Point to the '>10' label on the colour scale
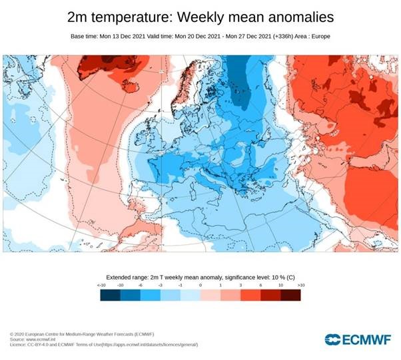[300, 284]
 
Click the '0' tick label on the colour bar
[200, 284]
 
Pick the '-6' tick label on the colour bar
[141, 284]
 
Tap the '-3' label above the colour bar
[161, 284]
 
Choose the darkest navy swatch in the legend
[111, 294]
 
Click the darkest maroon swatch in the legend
[290, 294]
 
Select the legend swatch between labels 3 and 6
[250, 294]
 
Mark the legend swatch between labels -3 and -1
[171, 294]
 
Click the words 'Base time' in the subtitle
[84, 36]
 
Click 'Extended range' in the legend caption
[129, 275]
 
